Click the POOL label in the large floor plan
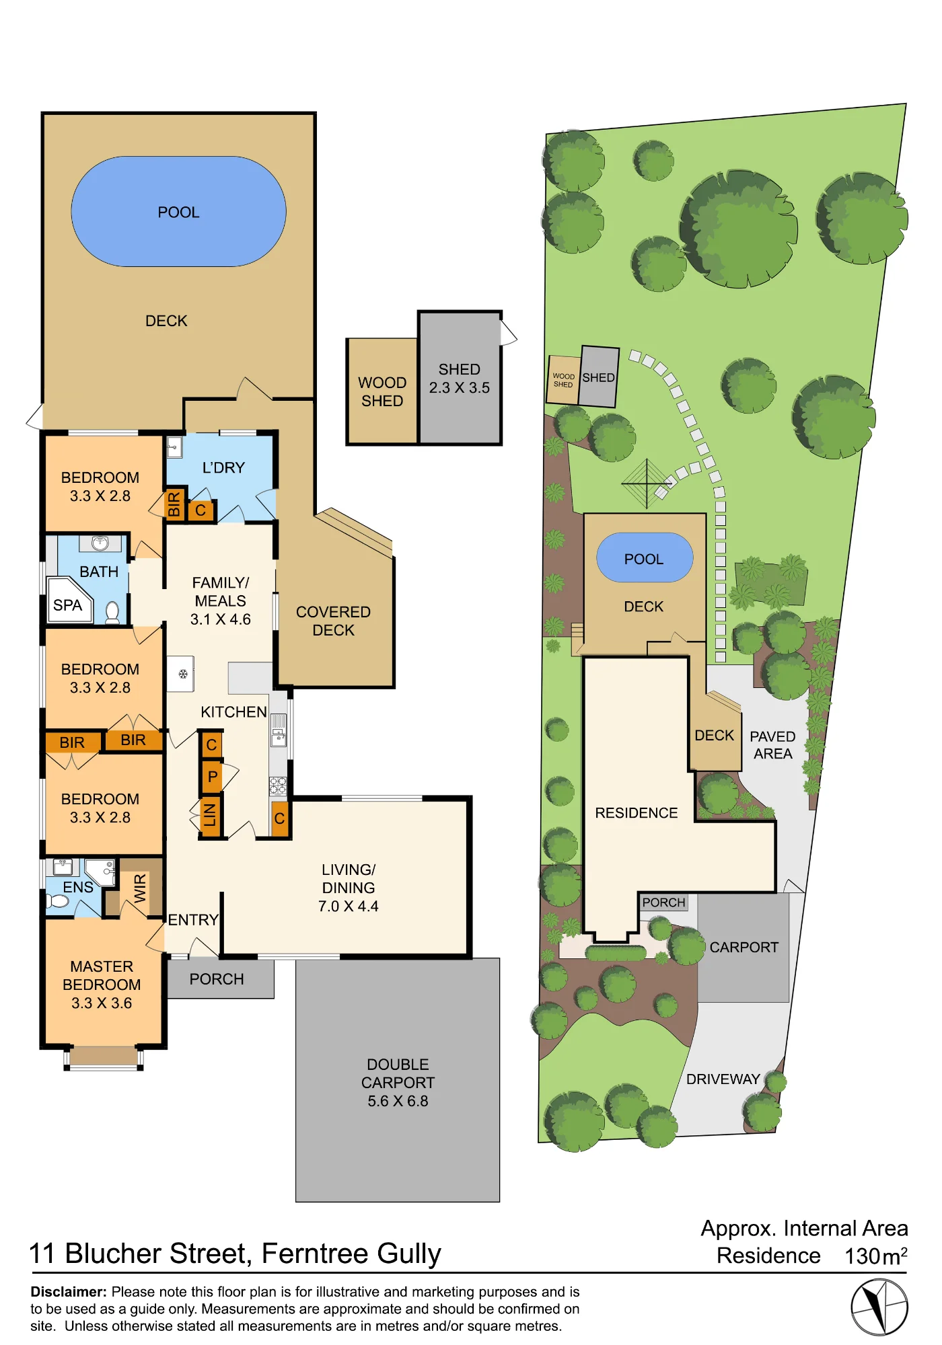coord(178,213)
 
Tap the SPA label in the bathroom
coord(67,605)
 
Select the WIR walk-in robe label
coord(140,888)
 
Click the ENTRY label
coord(193,919)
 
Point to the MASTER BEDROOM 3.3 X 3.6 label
coord(102,985)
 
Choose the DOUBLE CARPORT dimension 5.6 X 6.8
coord(398,1101)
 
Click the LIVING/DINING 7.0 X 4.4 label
coord(349,888)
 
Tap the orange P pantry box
coord(212,777)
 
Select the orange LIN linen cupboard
coord(211,816)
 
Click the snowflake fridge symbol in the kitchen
coord(182,674)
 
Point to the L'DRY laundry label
coord(223,467)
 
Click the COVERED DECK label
coord(333,621)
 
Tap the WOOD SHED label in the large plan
coord(382,391)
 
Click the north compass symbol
coord(879,1307)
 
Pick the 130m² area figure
coord(876,1256)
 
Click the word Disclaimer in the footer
coord(69,1292)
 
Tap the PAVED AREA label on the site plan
coord(772,745)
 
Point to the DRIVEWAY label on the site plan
coord(723,1079)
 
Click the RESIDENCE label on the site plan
coord(636,813)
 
